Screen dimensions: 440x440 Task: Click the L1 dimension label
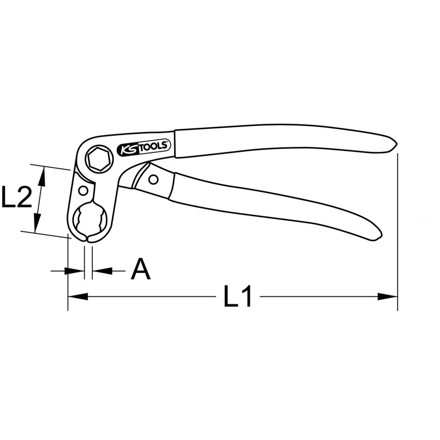click(238, 296)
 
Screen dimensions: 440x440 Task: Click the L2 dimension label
click(17, 197)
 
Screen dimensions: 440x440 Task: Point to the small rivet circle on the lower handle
click(153, 180)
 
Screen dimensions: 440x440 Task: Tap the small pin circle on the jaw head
click(83, 191)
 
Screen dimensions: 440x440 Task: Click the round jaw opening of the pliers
click(90, 218)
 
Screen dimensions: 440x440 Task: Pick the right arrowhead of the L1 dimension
click(388, 297)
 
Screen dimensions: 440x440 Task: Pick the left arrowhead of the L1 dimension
click(78, 297)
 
